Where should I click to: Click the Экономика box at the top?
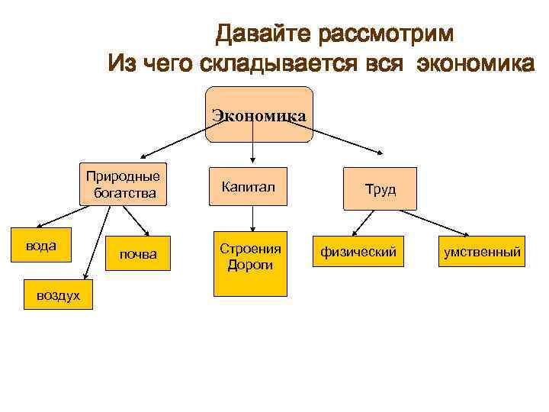[x=258, y=115]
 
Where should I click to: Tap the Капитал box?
[x=249, y=187]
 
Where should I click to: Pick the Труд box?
[x=380, y=188]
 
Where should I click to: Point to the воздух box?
[x=57, y=295]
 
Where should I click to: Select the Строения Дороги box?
[x=250, y=263]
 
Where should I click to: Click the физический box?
[x=358, y=251]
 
